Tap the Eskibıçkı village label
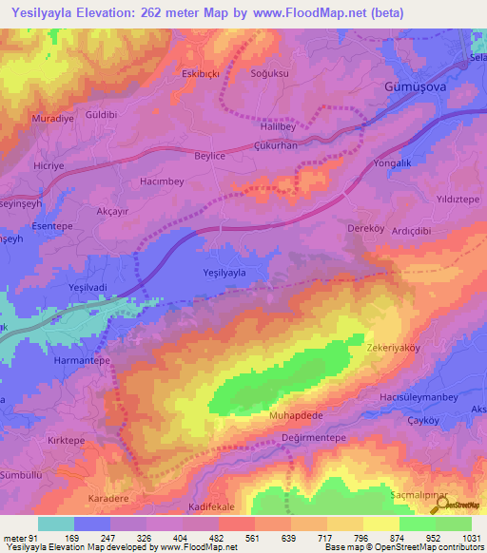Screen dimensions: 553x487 (200, 72)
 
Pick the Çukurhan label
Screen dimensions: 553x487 (277, 146)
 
